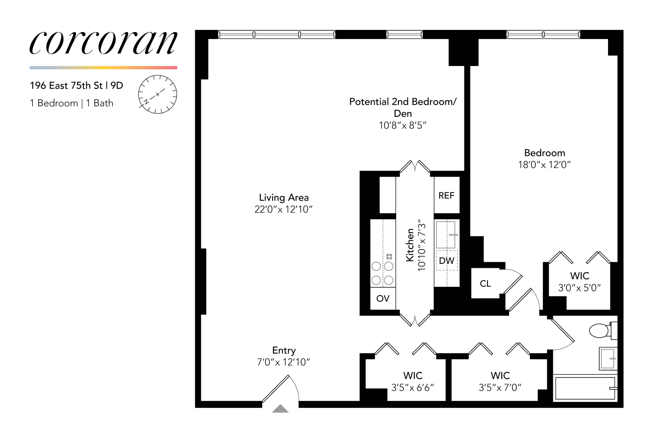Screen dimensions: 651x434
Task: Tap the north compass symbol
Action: click(x=158, y=94)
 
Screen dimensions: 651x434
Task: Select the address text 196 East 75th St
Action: click(x=66, y=85)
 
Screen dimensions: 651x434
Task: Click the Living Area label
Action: click(x=284, y=197)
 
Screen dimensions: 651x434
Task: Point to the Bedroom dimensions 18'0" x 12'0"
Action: click(x=544, y=165)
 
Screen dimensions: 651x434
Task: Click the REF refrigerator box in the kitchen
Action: click(x=447, y=195)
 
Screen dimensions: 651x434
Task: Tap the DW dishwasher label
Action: click(x=447, y=261)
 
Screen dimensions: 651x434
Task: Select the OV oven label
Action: click(x=383, y=299)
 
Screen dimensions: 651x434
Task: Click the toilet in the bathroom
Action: click(x=601, y=331)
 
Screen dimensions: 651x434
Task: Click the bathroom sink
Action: click(x=607, y=358)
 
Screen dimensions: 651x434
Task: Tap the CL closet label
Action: click(x=485, y=284)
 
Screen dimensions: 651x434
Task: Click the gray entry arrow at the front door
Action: click(x=280, y=409)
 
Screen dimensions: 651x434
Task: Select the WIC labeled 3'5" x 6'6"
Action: click(x=412, y=381)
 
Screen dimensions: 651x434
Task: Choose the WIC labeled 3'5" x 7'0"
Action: click(x=500, y=381)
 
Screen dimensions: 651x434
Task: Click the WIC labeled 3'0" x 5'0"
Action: click(x=579, y=282)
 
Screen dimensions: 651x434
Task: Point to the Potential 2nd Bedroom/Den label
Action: click(x=403, y=107)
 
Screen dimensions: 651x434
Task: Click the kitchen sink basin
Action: click(x=446, y=234)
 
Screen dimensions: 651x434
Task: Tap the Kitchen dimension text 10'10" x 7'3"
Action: click(x=421, y=245)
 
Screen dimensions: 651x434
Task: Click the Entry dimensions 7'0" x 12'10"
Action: click(x=283, y=362)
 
